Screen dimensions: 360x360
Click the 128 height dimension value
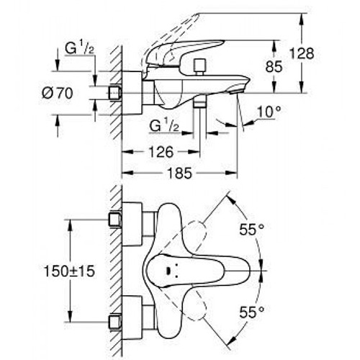(x=302, y=53)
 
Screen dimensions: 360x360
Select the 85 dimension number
(x=274, y=66)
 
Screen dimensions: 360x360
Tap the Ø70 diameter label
(x=58, y=93)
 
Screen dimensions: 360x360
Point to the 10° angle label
(x=269, y=112)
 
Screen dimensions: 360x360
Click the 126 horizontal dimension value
(x=161, y=152)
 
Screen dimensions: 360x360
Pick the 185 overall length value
(x=180, y=173)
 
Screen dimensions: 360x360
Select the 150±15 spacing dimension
(x=69, y=271)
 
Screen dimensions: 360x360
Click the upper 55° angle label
(x=251, y=230)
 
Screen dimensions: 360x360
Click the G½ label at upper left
(x=79, y=49)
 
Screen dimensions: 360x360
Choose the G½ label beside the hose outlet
(x=164, y=125)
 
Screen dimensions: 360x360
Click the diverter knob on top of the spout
(x=200, y=66)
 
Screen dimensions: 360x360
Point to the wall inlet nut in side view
(x=115, y=92)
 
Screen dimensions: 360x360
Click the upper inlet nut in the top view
(x=115, y=220)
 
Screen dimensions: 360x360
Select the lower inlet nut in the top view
(x=115, y=322)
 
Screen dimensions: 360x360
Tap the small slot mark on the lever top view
(x=168, y=271)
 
